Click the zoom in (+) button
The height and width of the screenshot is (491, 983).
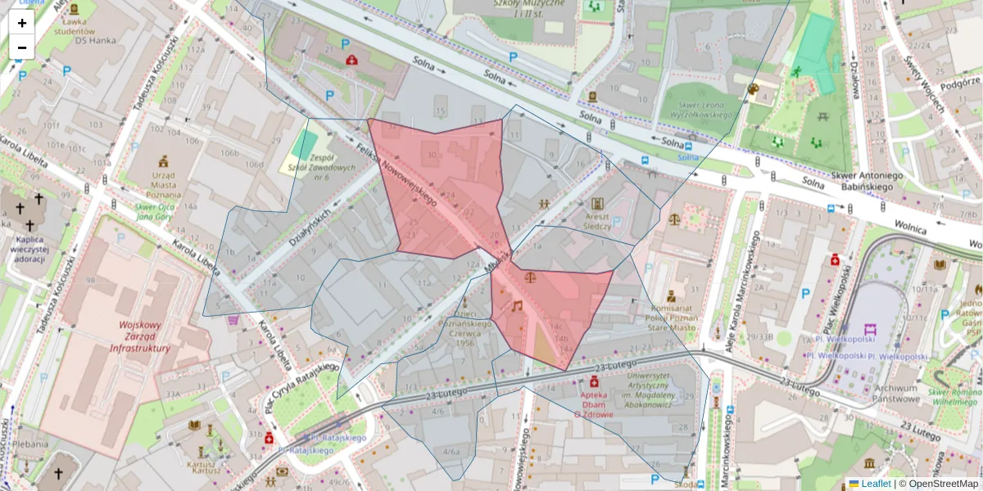tap(22, 23)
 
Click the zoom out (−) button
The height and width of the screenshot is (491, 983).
tap(22, 47)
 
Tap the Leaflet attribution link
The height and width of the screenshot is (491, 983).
tap(875, 484)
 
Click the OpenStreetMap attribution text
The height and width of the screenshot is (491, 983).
tap(943, 484)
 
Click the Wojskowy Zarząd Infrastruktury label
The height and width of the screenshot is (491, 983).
tap(143, 336)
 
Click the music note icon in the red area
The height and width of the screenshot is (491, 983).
tap(516, 306)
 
